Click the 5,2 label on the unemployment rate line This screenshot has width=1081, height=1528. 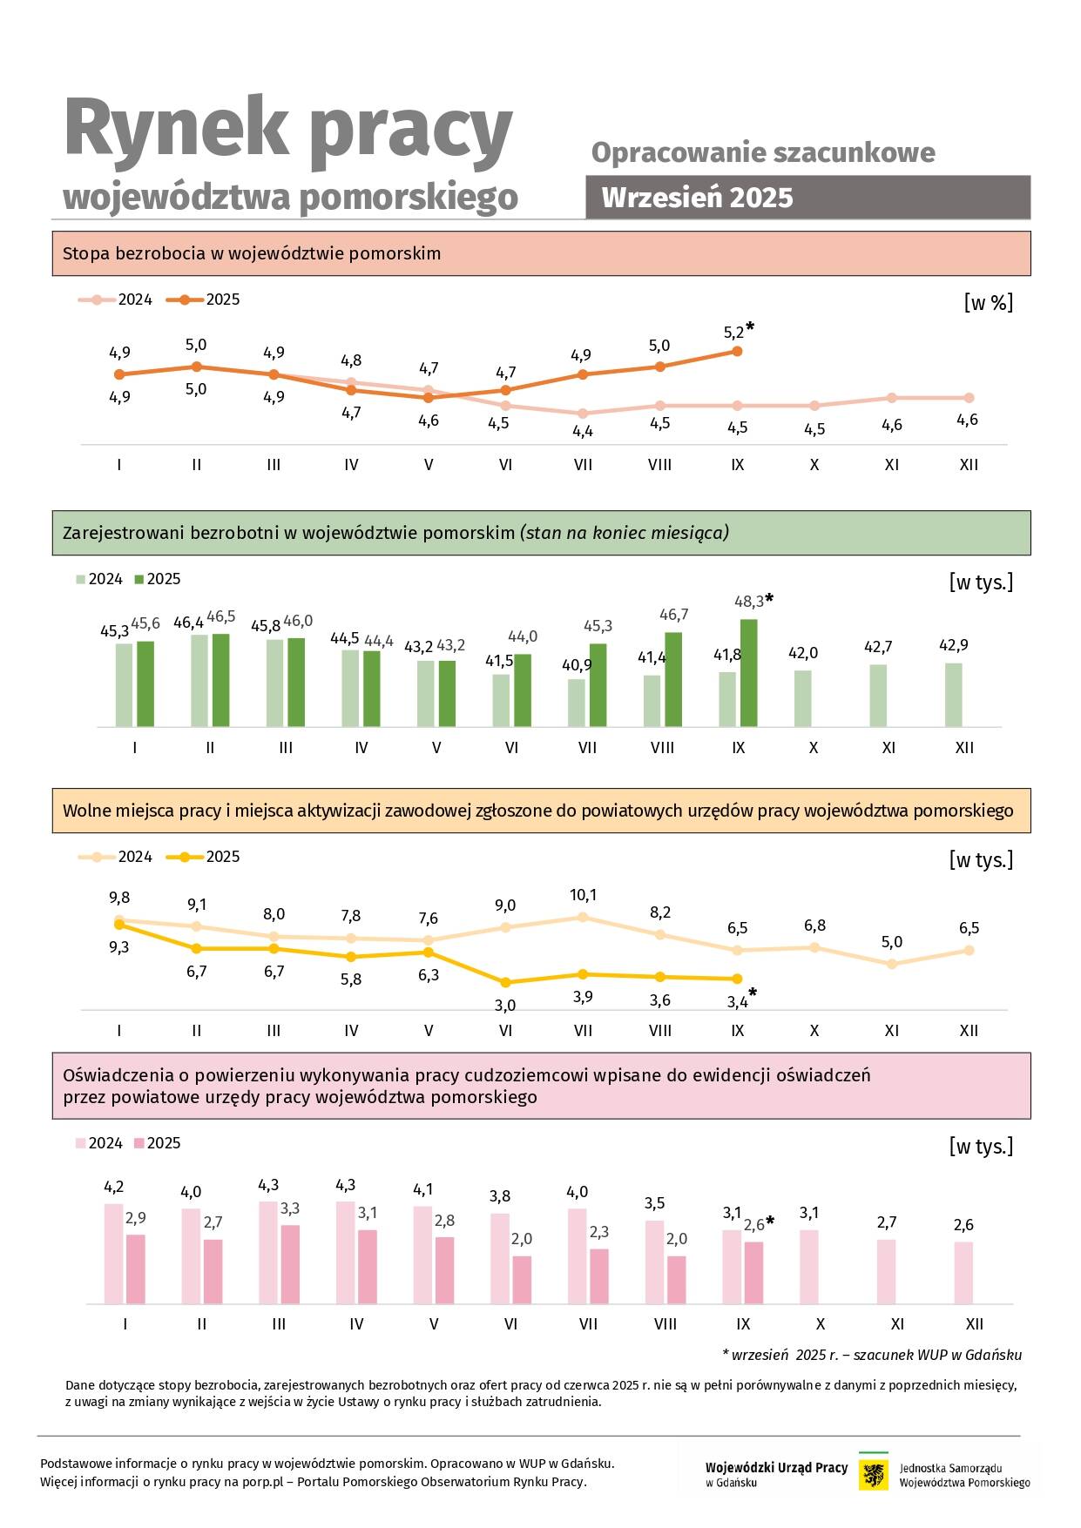[x=734, y=333]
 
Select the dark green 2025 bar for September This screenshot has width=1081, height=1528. [x=748, y=672]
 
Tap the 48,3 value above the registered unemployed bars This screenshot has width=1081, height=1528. [x=749, y=602]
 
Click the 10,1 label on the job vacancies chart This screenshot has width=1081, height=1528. [x=583, y=895]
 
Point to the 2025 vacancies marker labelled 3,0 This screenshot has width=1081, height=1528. [x=505, y=981]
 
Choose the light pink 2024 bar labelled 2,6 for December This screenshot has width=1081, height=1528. [x=963, y=1272]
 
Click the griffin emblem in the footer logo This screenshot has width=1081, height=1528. [x=873, y=1475]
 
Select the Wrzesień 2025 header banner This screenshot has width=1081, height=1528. [x=807, y=198]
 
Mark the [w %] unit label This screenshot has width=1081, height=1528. [x=988, y=303]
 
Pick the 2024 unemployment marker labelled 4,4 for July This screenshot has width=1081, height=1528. [x=583, y=414]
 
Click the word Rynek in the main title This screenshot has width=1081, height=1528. [x=176, y=129]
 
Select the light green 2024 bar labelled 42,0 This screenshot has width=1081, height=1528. [x=802, y=698]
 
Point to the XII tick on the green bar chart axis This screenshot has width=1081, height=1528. [x=963, y=748]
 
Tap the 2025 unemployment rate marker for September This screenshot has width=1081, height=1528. [x=737, y=351]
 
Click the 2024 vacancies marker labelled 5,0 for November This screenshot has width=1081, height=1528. [x=891, y=964]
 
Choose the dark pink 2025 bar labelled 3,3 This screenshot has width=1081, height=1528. [x=290, y=1264]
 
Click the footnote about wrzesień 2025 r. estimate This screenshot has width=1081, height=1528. [x=871, y=1355]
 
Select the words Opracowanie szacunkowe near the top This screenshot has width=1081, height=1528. [x=763, y=153]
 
